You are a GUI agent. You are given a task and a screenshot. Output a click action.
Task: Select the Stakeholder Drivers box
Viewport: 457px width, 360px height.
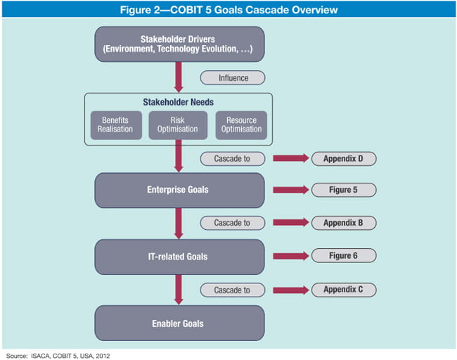179,44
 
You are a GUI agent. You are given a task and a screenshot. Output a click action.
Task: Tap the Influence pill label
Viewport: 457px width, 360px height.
233,77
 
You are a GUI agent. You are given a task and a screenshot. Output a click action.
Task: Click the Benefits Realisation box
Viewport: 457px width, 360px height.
115,125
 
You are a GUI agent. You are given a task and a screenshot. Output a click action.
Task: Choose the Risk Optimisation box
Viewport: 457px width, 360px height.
178,125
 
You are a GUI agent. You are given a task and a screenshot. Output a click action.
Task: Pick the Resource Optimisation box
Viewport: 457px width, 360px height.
241,125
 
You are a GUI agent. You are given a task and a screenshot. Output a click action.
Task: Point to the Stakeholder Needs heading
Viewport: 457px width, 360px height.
179,102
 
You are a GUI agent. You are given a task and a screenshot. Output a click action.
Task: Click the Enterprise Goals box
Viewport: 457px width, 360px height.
179,190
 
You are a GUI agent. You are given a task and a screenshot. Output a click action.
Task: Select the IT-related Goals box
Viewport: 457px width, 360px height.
179,257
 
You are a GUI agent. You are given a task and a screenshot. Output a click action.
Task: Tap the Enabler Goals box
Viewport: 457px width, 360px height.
179,323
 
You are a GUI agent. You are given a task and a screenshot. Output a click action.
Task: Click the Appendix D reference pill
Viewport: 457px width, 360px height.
344,158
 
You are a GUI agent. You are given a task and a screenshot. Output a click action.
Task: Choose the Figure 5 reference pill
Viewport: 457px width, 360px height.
344,190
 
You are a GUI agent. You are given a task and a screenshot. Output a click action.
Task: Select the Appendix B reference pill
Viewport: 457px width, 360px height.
344,223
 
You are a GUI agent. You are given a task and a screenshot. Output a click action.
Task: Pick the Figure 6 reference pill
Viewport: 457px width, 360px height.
344,256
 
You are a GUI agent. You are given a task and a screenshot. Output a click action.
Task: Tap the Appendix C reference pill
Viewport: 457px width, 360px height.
344,289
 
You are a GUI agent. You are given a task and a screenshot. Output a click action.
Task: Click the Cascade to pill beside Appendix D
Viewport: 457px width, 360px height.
233,158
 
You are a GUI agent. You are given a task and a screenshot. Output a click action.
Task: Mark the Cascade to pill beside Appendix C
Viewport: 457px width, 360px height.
233,289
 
